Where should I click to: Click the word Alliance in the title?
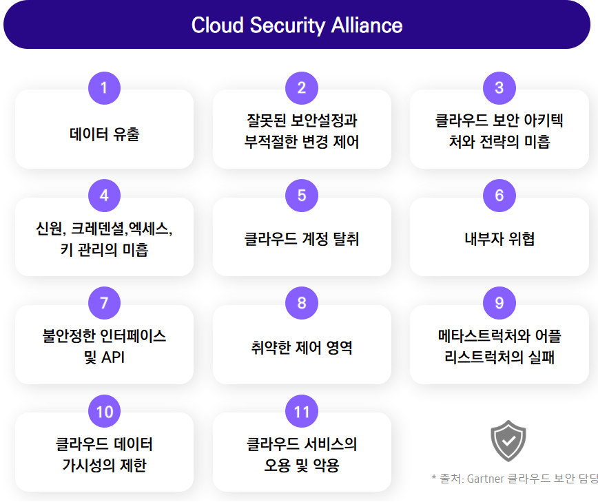pyautogui.click(x=367, y=25)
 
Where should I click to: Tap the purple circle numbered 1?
pyautogui.click(x=104, y=88)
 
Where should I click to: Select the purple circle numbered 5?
pyautogui.click(x=302, y=196)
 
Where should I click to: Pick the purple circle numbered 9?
pyautogui.click(x=499, y=303)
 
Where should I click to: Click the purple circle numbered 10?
pyautogui.click(x=104, y=411)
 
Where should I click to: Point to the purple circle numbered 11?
pyautogui.click(x=302, y=411)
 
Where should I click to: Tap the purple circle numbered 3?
pyautogui.click(x=499, y=88)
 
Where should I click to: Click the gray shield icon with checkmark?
pyautogui.click(x=508, y=441)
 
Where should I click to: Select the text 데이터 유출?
pyautogui.click(x=105, y=134)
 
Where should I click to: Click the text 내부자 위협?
pyautogui.click(x=499, y=239)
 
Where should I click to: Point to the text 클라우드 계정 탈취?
pyautogui.click(x=302, y=239)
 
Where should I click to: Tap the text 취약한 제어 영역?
pyautogui.click(x=302, y=347)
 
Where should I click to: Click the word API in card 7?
pyautogui.click(x=113, y=357)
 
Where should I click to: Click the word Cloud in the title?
pyautogui.click(x=218, y=25)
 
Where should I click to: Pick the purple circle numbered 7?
pyautogui.click(x=104, y=303)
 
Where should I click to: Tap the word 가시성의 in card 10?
pyautogui.click(x=88, y=466)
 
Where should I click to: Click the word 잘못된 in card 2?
pyautogui.click(x=266, y=121)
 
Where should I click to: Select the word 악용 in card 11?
pyautogui.click(x=326, y=466)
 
